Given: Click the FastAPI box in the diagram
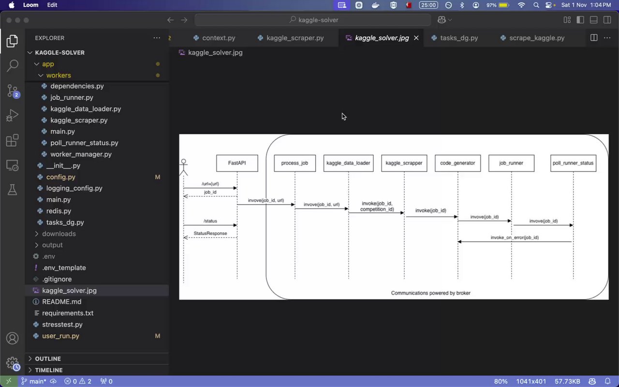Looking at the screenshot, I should (237, 163).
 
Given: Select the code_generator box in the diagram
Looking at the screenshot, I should (457, 163).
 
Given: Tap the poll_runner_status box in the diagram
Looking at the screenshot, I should (573, 163).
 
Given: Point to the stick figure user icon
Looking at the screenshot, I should (183, 167).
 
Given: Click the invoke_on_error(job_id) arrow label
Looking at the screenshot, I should (515, 238).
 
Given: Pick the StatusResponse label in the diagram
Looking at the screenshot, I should (210, 234).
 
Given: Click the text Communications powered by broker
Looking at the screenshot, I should (430, 293).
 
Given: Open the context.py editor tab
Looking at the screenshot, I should (219, 38).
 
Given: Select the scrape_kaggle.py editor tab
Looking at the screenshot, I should (537, 38).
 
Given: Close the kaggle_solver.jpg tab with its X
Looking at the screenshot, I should (416, 38).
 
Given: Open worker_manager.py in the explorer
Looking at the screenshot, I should (81, 154).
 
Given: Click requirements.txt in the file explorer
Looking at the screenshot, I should (68, 313).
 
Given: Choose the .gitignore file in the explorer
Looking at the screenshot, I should (57, 279).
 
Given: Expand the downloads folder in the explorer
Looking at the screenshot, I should (59, 234).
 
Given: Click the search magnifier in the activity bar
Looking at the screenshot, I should (13, 65).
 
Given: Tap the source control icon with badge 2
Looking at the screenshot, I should (13, 91).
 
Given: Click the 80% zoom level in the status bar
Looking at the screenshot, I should (501, 381).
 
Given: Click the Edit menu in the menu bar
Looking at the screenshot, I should (52, 5).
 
